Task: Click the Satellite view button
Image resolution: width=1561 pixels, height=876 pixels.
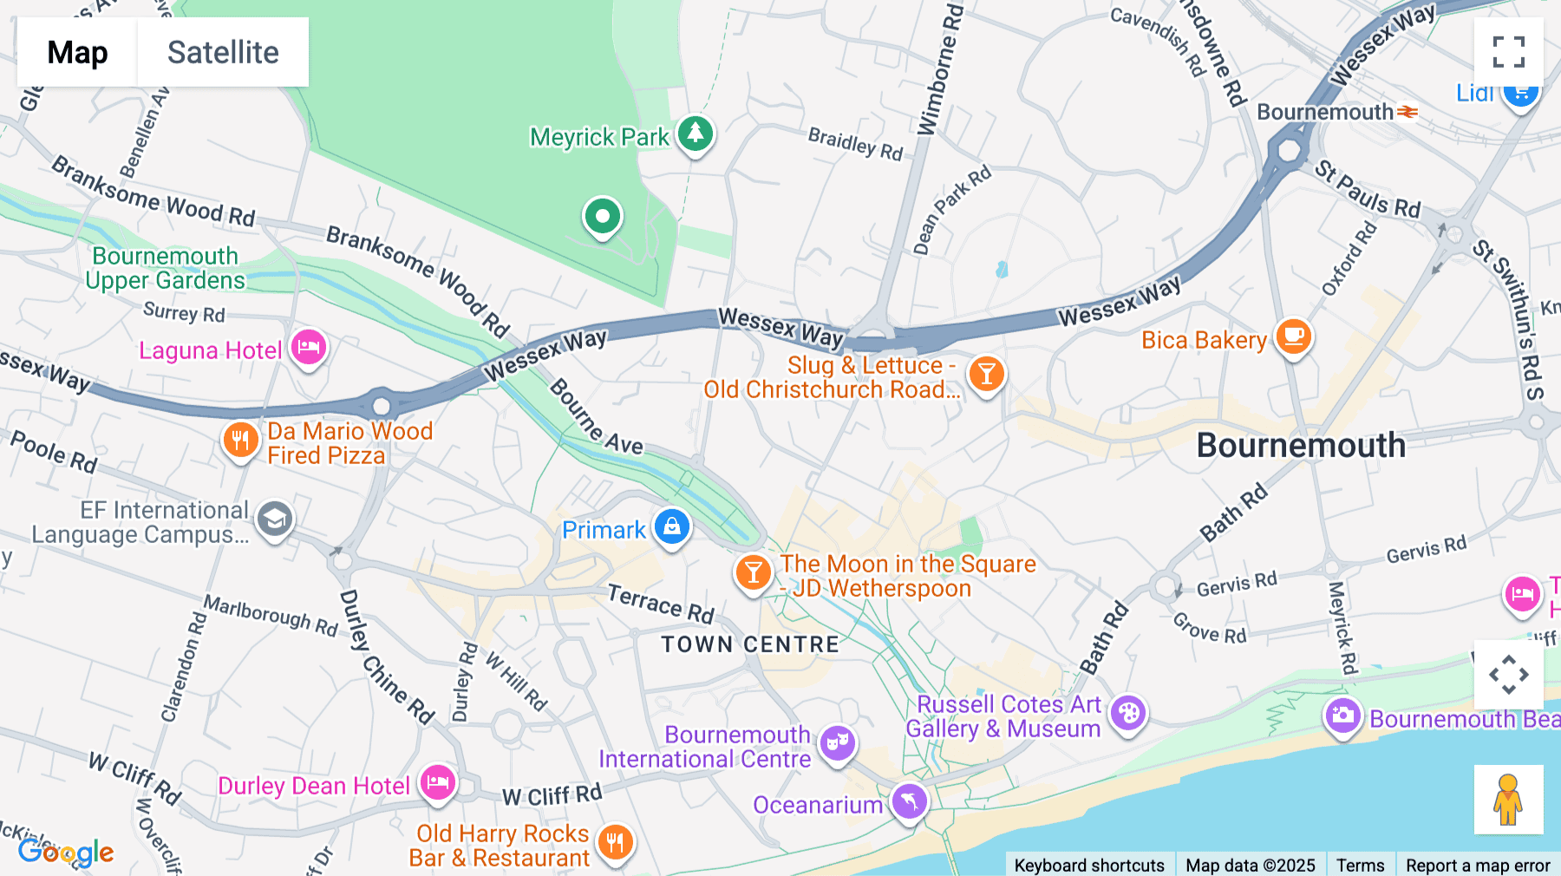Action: tap(223, 52)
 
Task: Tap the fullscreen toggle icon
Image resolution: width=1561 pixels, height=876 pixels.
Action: tap(1508, 52)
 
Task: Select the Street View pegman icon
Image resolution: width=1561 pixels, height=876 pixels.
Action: tap(1508, 799)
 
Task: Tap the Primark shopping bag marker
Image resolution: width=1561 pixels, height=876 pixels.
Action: tap(671, 526)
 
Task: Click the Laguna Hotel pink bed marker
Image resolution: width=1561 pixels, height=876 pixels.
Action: tap(308, 349)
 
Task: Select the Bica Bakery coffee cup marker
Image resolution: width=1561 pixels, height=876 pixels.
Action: tap(1293, 336)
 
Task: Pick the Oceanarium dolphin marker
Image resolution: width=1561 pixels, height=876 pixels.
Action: tap(909, 801)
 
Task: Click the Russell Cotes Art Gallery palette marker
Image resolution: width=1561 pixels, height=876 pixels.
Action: tap(1128, 714)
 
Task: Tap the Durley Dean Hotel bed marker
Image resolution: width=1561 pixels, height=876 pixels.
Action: tap(438, 782)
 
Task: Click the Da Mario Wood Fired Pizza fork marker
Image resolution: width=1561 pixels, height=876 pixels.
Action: tap(240, 441)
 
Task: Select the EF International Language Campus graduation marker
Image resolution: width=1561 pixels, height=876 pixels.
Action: tap(275, 520)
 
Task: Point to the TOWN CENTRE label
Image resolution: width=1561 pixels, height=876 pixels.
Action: tap(750, 644)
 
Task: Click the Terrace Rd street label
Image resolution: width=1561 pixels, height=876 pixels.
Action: tap(661, 603)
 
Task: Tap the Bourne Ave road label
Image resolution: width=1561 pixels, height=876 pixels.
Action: tap(597, 418)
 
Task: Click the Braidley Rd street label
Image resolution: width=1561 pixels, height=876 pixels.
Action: tap(855, 143)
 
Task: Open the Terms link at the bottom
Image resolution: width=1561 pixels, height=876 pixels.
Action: tap(1360, 865)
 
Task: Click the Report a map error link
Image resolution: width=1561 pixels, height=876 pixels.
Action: tap(1478, 865)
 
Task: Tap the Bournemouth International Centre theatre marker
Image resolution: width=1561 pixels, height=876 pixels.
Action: tap(837, 742)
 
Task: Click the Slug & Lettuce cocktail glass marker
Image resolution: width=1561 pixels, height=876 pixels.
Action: tap(986, 375)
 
